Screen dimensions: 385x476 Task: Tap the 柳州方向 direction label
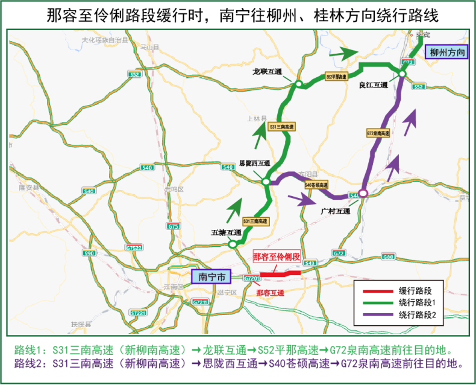[x=447, y=52]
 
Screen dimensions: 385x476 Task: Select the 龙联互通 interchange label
[x=268, y=71]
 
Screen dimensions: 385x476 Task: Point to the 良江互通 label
[x=374, y=86]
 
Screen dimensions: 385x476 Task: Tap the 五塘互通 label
[x=226, y=232]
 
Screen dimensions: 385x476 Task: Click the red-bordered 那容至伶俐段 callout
[x=276, y=257]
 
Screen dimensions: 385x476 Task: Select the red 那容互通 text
[x=270, y=293]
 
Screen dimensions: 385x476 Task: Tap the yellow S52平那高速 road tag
[x=337, y=77]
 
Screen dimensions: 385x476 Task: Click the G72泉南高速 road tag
[x=378, y=132]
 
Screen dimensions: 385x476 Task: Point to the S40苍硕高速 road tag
[x=316, y=185]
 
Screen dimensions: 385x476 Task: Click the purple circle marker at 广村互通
[x=363, y=194]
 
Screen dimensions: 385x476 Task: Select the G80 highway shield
[x=387, y=256]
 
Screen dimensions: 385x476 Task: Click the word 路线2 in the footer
[x=25, y=364]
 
